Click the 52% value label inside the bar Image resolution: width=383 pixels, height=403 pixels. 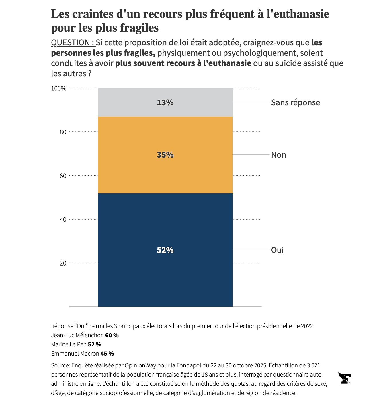point(165,250)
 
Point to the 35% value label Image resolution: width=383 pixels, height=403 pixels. point(165,155)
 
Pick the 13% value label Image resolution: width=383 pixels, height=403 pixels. point(165,102)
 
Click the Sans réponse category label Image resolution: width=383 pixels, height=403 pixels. point(295,102)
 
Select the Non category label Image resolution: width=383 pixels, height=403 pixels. point(278,155)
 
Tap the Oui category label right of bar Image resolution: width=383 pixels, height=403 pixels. point(277,250)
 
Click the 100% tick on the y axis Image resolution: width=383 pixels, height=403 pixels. point(58,88)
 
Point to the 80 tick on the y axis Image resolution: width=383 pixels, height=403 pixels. point(63,132)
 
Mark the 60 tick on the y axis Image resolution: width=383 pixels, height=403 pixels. point(63,176)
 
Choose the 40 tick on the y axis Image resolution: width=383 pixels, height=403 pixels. point(63,220)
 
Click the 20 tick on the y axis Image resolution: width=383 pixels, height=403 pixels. point(63,263)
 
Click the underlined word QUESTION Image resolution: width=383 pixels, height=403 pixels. point(73,43)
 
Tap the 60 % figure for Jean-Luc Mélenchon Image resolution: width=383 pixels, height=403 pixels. point(112,335)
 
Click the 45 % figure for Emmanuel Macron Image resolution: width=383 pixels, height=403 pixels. point(107,354)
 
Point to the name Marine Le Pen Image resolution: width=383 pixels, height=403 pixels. point(69,344)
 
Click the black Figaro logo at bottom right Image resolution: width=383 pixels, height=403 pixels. point(345,378)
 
